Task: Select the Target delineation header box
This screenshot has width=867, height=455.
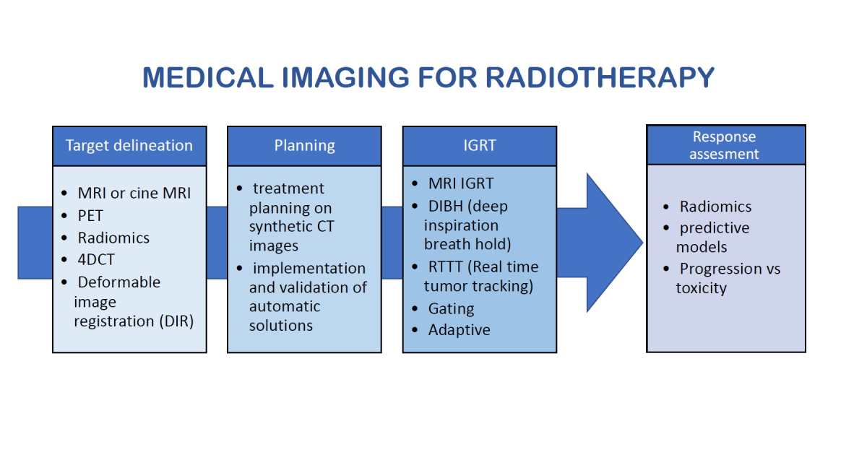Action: [x=129, y=146]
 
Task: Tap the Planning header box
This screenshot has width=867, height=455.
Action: [x=304, y=146]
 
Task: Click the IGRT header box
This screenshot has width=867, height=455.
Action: [x=480, y=146]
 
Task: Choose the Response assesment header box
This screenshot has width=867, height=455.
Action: [x=725, y=145]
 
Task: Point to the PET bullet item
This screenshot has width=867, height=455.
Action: [x=90, y=216]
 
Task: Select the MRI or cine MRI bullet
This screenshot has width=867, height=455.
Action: [x=134, y=194]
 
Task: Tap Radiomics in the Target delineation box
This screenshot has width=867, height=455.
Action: [x=113, y=238]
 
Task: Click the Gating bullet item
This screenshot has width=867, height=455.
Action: [x=451, y=308]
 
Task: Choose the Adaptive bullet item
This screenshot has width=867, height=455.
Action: [x=459, y=330]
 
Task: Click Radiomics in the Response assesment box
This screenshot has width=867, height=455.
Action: [x=715, y=207]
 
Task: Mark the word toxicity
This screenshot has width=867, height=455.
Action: [x=701, y=288]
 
